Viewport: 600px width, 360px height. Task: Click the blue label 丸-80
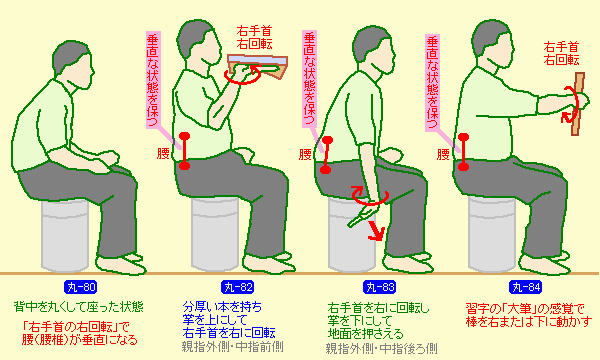pos(80,287)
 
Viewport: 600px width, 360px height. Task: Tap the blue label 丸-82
pos(238,287)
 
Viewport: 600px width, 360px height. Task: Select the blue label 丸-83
pos(380,287)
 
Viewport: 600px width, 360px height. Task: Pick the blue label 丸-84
pos(526,287)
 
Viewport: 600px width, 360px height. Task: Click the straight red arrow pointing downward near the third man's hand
pos(376,231)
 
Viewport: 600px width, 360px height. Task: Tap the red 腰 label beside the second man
pos(163,153)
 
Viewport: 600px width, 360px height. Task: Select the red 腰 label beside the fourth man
pos(443,155)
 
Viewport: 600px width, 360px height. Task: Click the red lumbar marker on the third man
pos(326,155)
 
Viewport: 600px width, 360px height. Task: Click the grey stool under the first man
pos(65,235)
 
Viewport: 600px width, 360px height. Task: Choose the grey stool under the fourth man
pos(492,234)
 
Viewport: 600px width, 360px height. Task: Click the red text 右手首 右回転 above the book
pos(254,37)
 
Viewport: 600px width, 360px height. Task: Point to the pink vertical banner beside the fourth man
pos(433,82)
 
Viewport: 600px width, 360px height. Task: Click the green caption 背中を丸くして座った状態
pos(79,307)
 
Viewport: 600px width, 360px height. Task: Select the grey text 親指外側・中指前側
pos(232,347)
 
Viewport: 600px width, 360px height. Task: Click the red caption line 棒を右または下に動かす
pos(529,321)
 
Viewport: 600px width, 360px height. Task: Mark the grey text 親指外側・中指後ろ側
pos(382,348)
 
